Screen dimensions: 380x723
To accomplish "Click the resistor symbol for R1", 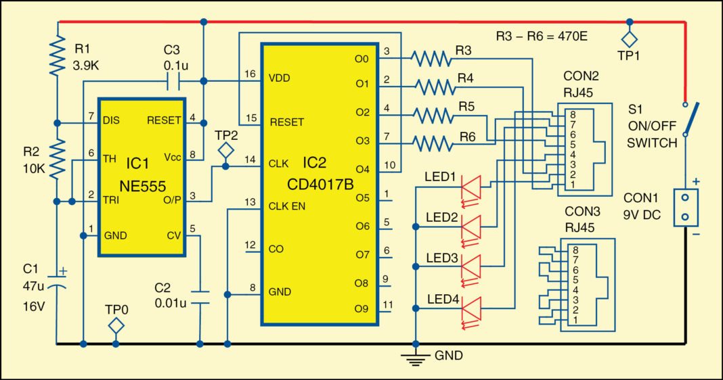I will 58,56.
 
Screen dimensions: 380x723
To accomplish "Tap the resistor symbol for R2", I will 58,157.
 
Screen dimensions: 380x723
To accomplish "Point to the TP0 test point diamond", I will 116,326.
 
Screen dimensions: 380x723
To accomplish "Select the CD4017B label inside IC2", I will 319,183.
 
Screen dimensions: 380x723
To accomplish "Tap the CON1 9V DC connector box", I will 686,206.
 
